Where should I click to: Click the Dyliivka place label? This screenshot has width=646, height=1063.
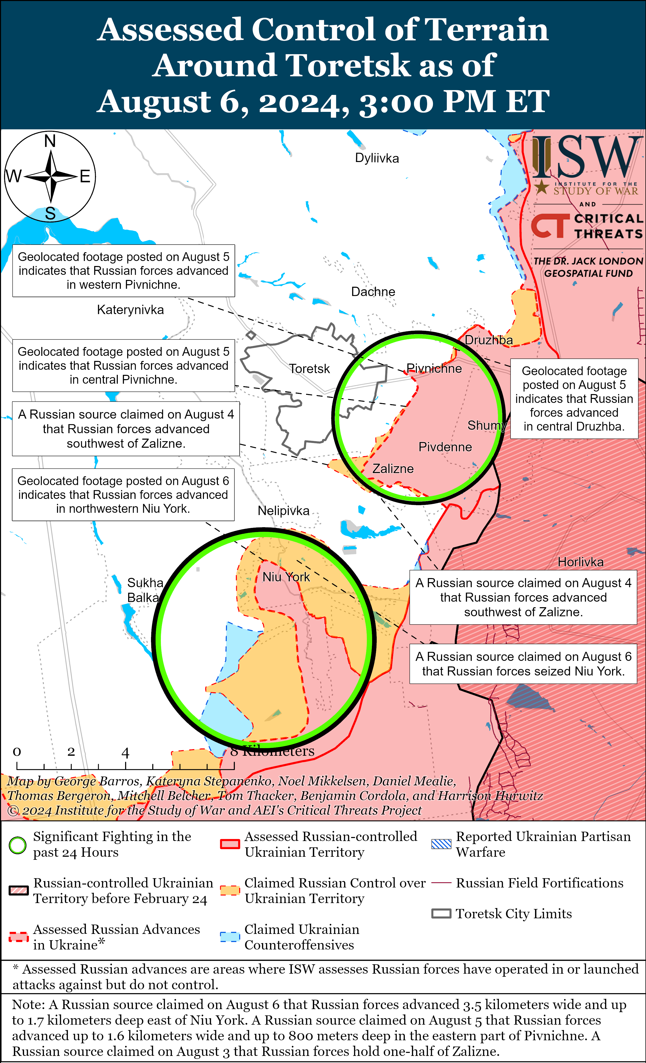[x=376, y=158]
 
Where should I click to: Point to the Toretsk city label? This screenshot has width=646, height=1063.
[x=309, y=369]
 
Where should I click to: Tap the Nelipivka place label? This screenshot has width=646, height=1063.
[x=283, y=511]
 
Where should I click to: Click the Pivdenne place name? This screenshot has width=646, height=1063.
[x=445, y=447]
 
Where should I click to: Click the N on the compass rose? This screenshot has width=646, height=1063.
[x=50, y=141]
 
